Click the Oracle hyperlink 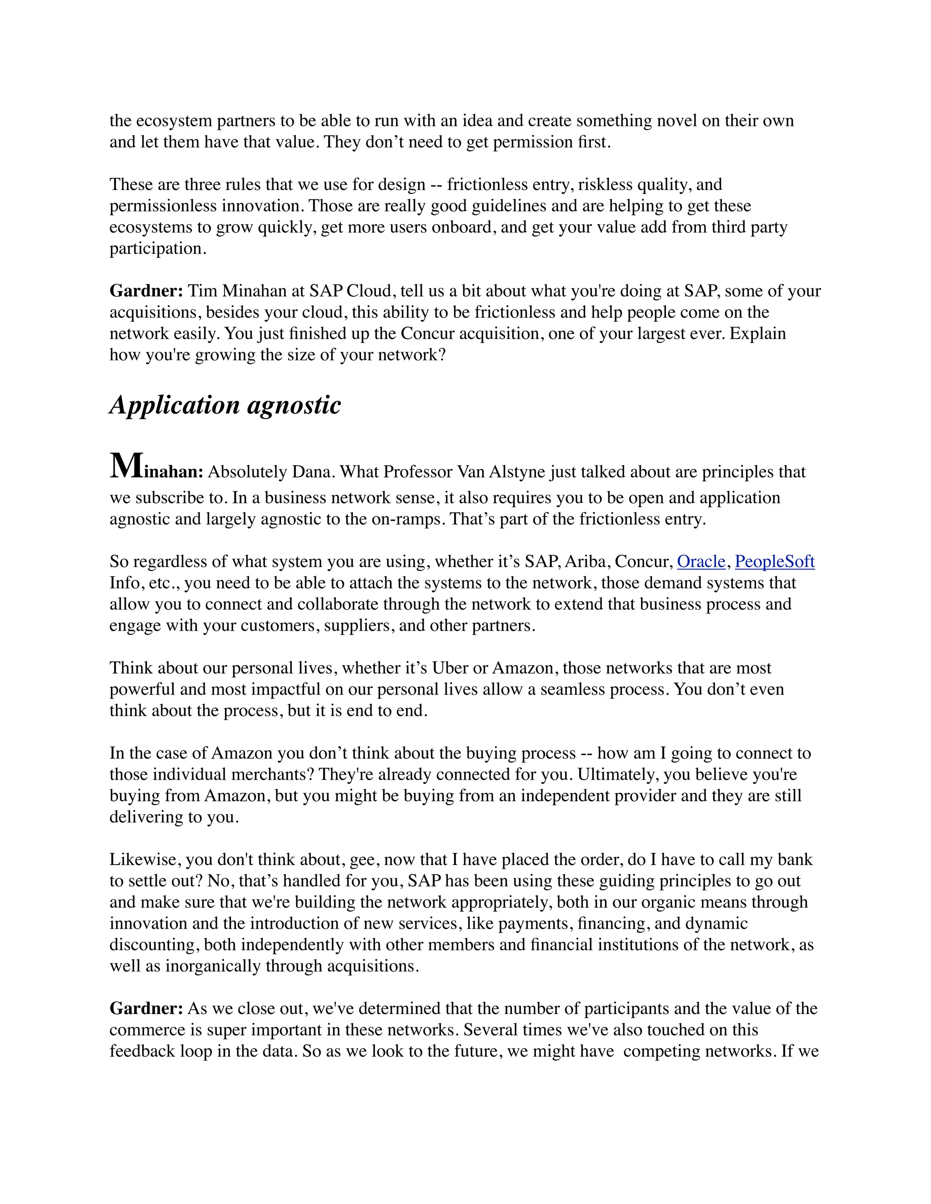tap(701, 562)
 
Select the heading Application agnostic tap(225, 405)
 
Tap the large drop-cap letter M tap(126, 467)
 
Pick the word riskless tap(605, 184)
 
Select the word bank tap(795, 860)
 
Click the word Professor tap(419, 473)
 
